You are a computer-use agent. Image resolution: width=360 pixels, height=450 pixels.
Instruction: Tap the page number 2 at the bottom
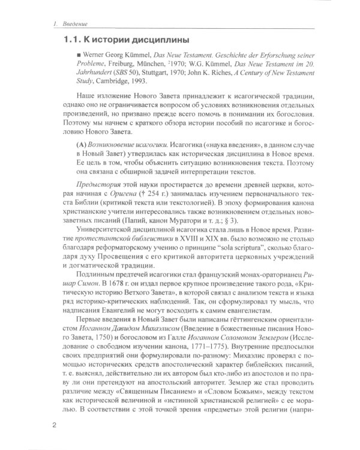(54, 426)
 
